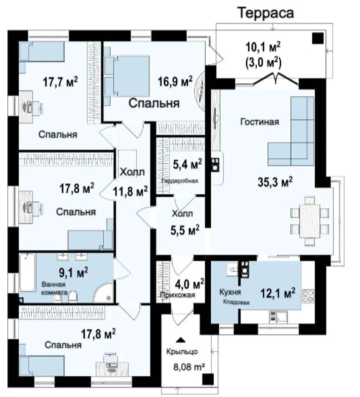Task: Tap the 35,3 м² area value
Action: [x=275, y=182]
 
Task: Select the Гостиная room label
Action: [x=260, y=122]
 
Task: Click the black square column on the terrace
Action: [x=318, y=38]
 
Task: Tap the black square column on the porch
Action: [x=208, y=379]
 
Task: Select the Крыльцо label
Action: [x=182, y=352]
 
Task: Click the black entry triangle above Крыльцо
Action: [x=181, y=340]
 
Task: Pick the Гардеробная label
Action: [x=180, y=181]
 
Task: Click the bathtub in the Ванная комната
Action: [x=27, y=272]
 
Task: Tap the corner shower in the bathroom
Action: [x=103, y=293]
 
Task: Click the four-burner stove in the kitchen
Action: [x=308, y=296]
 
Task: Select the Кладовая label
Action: [x=236, y=302]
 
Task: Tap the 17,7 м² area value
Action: [x=60, y=82]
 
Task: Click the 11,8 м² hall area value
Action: [x=130, y=192]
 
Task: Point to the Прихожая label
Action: [x=178, y=295]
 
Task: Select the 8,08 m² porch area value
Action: [x=189, y=366]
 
